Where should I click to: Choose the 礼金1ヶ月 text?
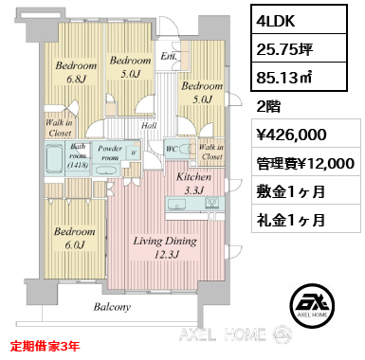(291, 221)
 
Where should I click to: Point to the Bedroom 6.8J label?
(77, 72)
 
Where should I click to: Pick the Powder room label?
(113, 153)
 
